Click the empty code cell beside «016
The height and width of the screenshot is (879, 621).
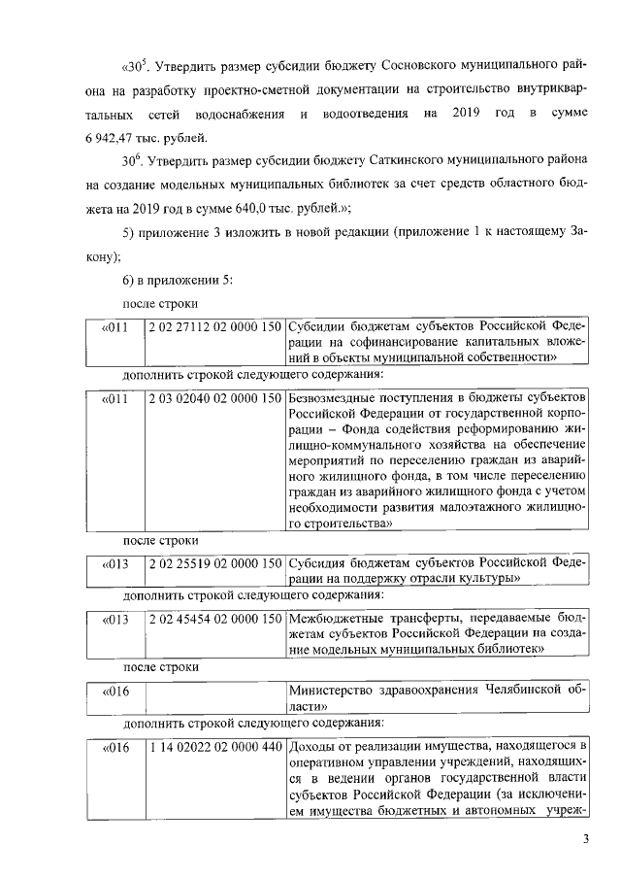coord(214,699)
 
